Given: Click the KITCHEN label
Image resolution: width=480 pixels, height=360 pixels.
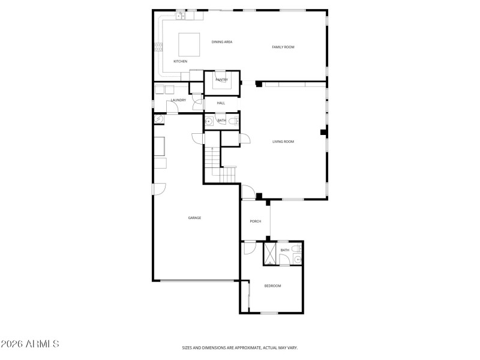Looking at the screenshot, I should coord(181,61).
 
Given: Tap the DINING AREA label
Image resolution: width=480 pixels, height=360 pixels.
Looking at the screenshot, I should coord(222,41).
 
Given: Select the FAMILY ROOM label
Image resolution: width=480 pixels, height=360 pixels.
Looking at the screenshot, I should coord(283,47).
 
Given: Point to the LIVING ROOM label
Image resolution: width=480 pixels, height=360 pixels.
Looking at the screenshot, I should coord(283,142).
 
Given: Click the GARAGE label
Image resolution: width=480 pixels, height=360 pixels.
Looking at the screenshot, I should coord(194,218).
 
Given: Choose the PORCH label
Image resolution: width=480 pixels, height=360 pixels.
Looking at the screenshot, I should coord(256,221).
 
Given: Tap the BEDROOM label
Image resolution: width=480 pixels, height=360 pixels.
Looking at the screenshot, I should coord(272,286).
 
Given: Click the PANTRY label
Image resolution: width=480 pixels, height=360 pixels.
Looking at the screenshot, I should coord(222,79).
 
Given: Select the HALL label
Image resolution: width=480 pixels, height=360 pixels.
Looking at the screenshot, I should coord(221,103).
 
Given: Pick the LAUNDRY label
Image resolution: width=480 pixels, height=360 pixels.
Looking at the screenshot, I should coord(178,100).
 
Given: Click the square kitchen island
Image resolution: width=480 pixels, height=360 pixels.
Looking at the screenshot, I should coord(190,43).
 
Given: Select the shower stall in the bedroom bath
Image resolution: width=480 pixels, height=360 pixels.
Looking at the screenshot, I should coord(270,254).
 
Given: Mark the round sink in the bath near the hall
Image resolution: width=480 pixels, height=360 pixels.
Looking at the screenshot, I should coord(208,121).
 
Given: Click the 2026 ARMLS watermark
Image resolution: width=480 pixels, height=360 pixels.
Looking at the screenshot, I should coord(30,344).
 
